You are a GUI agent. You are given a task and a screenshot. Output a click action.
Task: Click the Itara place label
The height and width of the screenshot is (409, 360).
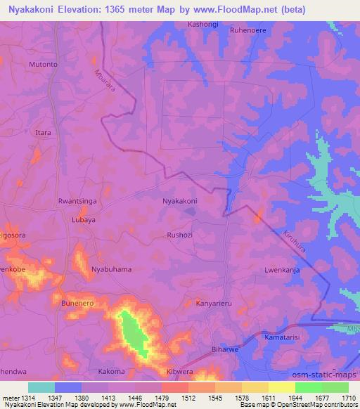click(x=44, y=132)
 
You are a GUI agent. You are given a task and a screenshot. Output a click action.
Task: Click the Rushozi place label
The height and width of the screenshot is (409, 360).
click(x=180, y=235)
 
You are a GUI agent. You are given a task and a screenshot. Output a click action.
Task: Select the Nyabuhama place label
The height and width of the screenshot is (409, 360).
click(x=112, y=269)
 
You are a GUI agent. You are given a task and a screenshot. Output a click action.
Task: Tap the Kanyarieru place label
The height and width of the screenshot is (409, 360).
click(x=214, y=304)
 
